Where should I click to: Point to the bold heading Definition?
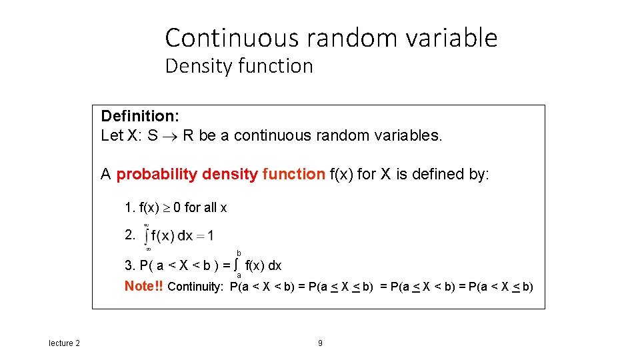click(x=139, y=116)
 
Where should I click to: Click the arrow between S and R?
click(x=170, y=136)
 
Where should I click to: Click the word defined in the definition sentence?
click(x=450, y=175)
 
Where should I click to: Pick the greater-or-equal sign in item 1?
click(x=164, y=208)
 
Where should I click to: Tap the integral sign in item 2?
click(x=147, y=236)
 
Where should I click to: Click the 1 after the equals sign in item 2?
click(x=210, y=236)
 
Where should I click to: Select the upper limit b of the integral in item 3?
click(x=239, y=253)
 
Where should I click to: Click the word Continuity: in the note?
click(x=196, y=287)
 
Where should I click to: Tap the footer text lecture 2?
click(x=65, y=343)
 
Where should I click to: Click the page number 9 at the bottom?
click(x=320, y=343)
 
